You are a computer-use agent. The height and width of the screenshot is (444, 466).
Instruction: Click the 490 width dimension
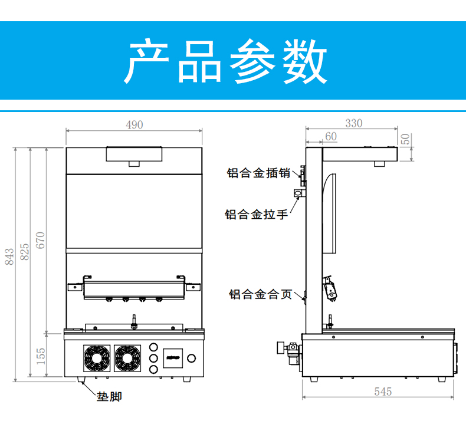click(x=134, y=124)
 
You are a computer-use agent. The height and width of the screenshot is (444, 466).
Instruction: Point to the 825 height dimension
click(x=25, y=251)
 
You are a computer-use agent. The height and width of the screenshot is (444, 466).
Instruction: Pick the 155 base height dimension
click(x=41, y=356)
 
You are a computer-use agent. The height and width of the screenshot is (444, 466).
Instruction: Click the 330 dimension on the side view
click(x=353, y=123)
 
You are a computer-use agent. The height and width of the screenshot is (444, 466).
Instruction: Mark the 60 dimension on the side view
click(x=330, y=136)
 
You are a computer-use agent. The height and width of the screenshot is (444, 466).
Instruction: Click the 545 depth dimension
click(x=383, y=391)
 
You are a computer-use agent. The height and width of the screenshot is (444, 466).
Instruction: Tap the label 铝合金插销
click(x=258, y=173)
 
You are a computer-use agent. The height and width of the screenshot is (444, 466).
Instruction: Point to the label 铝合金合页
click(x=260, y=294)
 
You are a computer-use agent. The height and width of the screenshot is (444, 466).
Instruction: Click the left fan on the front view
click(x=96, y=358)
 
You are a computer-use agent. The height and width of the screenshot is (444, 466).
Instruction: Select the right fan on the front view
click(x=128, y=358)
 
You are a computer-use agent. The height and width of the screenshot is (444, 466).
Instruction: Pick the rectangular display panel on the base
click(x=173, y=357)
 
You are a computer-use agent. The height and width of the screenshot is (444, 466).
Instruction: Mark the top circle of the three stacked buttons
click(x=153, y=347)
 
